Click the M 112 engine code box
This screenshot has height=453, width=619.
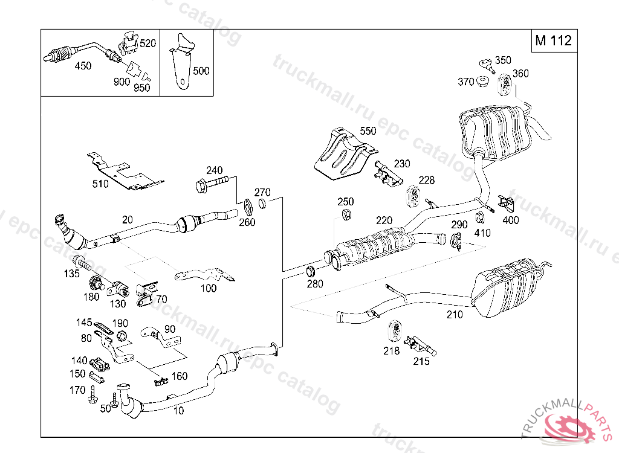(x=554, y=40)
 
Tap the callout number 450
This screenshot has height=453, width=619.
(x=83, y=65)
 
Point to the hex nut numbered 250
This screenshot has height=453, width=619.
(x=346, y=214)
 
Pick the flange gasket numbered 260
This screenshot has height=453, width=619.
(x=248, y=207)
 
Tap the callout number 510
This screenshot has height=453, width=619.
(x=100, y=184)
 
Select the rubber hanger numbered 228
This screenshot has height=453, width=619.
(x=413, y=196)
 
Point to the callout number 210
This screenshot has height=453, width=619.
(x=455, y=315)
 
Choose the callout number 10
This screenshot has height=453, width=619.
(x=178, y=411)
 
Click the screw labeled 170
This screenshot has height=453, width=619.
(x=92, y=394)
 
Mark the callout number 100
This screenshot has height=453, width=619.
(x=209, y=289)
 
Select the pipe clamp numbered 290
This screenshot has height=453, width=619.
(x=456, y=241)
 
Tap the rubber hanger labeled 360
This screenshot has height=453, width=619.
(x=505, y=85)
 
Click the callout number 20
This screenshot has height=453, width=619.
(x=127, y=220)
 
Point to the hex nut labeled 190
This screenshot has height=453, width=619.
(x=122, y=336)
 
